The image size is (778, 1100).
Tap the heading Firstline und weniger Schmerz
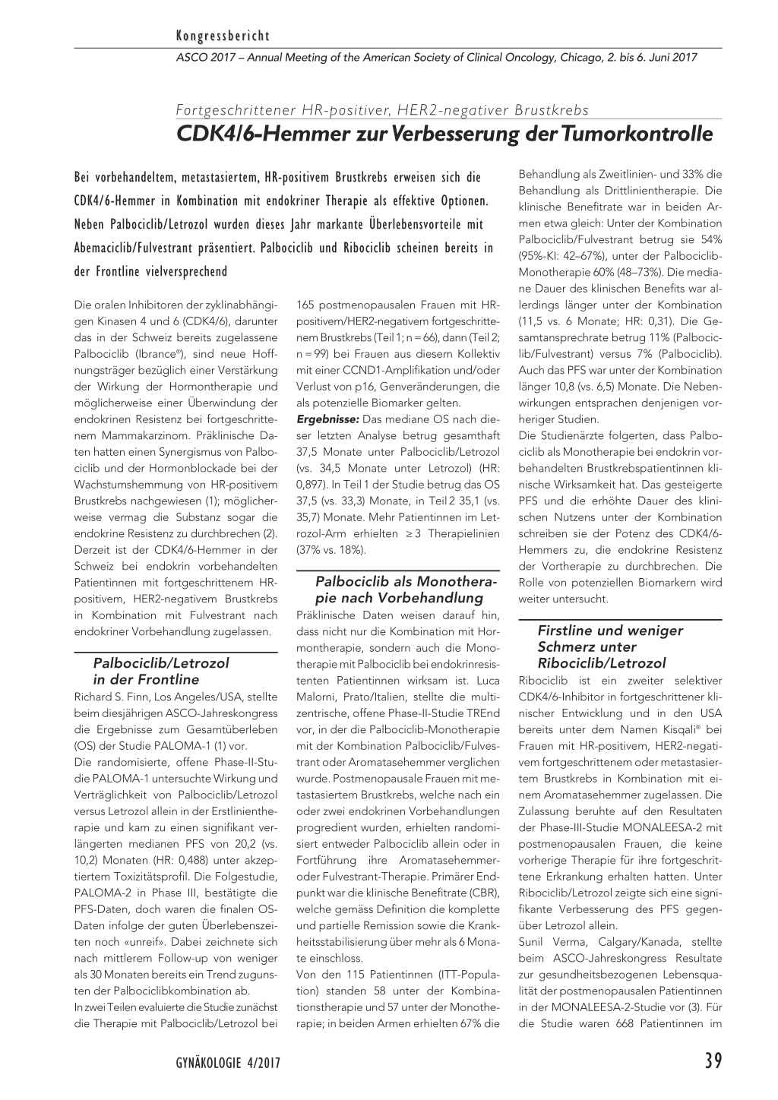(609, 639)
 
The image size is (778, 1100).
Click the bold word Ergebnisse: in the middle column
(327, 419)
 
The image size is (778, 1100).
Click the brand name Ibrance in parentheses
(158, 354)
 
